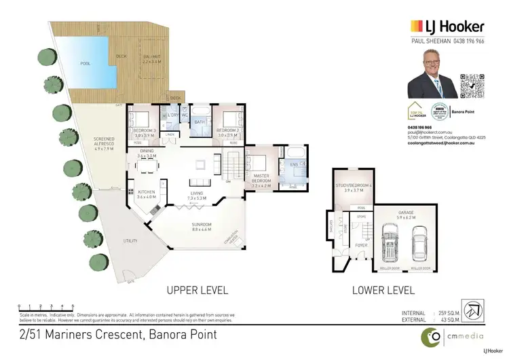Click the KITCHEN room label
coord(147,192)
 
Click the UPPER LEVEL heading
coord(197,290)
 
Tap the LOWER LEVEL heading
coord(383,290)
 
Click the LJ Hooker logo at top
coord(447,26)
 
